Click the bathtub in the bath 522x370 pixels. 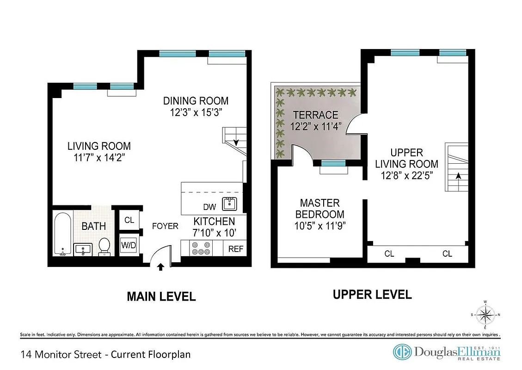pyautogui.click(x=62, y=234)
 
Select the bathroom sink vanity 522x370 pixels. pyautogui.click(x=84, y=250)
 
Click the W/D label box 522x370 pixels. pyautogui.click(x=129, y=245)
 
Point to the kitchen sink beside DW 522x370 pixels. pyautogui.click(x=230, y=203)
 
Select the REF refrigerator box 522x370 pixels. pyautogui.click(x=235, y=249)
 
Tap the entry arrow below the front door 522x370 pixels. pyautogui.click(x=160, y=267)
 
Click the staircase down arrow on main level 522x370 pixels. pyautogui.click(x=236, y=142)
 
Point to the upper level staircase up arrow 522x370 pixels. pyautogui.click(x=458, y=176)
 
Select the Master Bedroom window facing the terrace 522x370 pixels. pyautogui.click(x=333, y=163)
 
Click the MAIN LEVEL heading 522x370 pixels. pyautogui.click(x=161, y=296)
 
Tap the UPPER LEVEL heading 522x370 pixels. pyautogui.click(x=372, y=294)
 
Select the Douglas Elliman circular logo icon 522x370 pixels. pyautogui.click(x=402, y=352)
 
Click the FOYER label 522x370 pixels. pyautogui.click(x=165, y=226)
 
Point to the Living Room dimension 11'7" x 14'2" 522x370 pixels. pyautogui.click(x=99, y=157)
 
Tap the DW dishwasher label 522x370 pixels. pyautogui.click(x=209, y=207)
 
